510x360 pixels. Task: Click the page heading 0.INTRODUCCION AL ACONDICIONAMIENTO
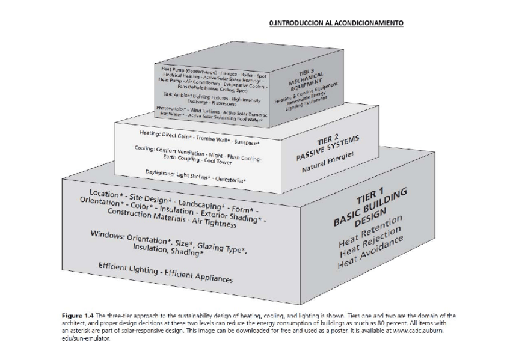tap(336, 23)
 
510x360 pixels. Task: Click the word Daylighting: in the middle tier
tap(159, 173)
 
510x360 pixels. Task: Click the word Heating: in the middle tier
tap(149, 132)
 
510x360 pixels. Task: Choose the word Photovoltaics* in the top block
tap(171, 108)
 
